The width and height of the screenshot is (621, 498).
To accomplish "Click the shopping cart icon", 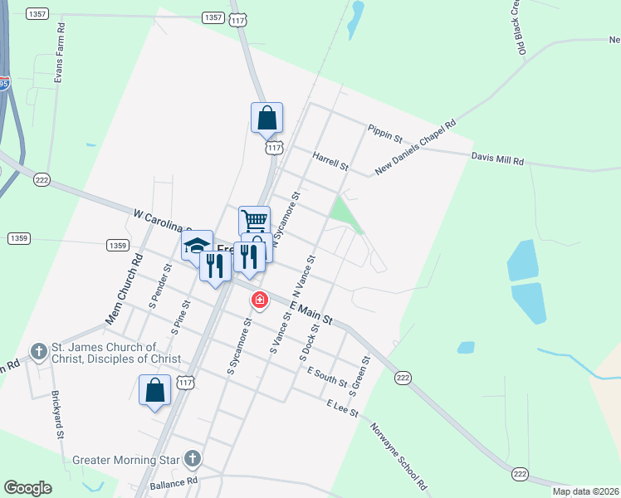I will pyautogui.click(x=254, y=221).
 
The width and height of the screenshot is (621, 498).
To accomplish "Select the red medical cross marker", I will pyautogui.click(x=260, y=299).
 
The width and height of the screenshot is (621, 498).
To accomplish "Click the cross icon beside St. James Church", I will pyautogui.click(x=39, y=352).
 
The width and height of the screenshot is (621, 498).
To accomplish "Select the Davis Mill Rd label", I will pyautogui.click(x=498, y=158).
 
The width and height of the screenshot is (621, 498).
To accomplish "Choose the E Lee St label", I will pyautogui.click(x=342, y=407).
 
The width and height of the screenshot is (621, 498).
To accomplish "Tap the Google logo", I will pyautogui.click(x=27, y=488).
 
